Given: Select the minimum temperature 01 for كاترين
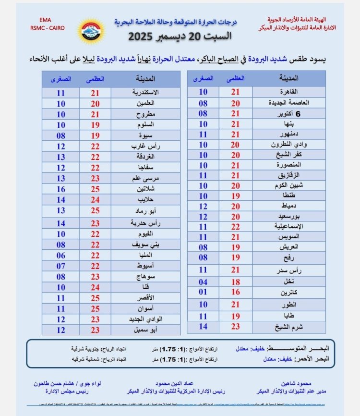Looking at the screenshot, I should (204, 292).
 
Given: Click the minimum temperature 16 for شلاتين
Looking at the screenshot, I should (60, 189).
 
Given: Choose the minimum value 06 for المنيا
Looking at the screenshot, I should (60, 256).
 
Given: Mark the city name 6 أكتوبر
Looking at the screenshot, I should (288, 113).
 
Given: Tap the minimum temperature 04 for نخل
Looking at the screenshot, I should (204, 281).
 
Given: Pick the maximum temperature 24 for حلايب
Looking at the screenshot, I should (96, 200).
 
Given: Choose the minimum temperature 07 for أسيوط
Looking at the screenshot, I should (60, 266).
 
